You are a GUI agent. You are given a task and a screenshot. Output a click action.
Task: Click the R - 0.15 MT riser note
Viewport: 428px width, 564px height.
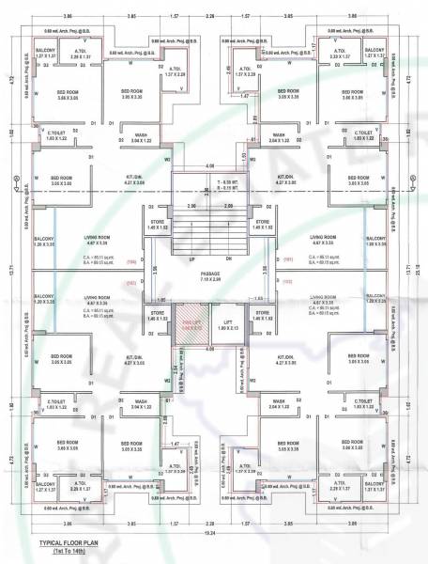[229, 187]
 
